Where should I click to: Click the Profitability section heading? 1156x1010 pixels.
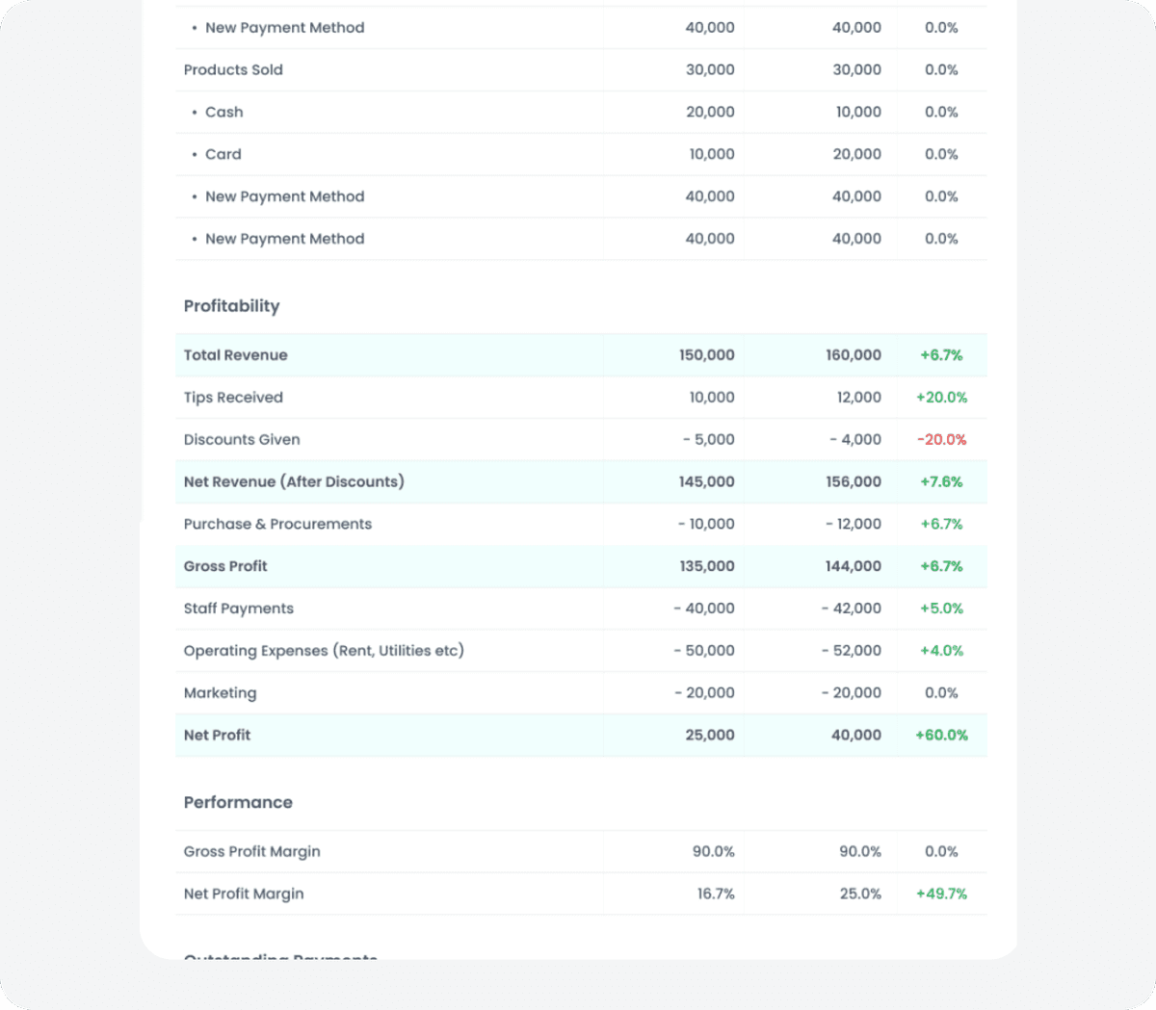tap(231, 306)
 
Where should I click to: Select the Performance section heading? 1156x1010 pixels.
tap(238, 802)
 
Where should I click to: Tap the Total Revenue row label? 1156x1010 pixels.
tap(235, 355)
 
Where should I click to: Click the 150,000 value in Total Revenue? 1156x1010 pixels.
tap(706, 355)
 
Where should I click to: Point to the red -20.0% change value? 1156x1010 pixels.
tap(941, 440)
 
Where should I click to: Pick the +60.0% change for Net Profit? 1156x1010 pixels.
tap(941, 736)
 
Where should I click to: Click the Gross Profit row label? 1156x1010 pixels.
tap(225, 566)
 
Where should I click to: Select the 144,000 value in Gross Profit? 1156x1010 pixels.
tap(853, 566)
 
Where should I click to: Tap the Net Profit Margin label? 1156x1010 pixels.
tap(244, 893)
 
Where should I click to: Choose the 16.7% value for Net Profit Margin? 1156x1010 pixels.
tap(716, 893)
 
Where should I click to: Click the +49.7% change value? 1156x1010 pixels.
tap(941, 893)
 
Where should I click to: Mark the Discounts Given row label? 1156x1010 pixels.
tap(242, 440)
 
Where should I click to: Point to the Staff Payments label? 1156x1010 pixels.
tap(239, 609)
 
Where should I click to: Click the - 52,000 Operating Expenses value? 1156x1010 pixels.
tap(851, 651)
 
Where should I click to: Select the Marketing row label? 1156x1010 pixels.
tap(220, 693)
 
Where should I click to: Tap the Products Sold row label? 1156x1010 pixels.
tap(233, 70)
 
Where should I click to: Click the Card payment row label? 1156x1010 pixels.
tap(223, 154)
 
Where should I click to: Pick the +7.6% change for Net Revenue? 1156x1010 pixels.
tap(941, 482)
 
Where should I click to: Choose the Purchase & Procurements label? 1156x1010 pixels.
tap(277, 524)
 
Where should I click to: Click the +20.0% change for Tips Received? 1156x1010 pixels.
tap(941, 398)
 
